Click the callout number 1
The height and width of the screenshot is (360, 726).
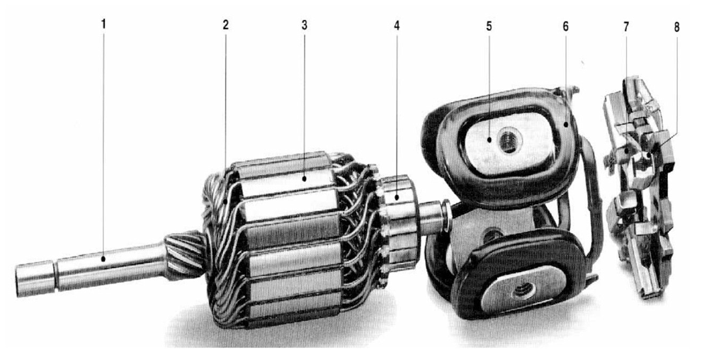click(x=103, y=25)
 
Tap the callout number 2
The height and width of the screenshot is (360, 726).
click(x=225, y=25)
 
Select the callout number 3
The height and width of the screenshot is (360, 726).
click(x=304, y=25)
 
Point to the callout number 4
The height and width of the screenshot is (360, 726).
click(x=397, y=25)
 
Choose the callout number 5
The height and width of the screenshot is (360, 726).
click(x=489, y=26)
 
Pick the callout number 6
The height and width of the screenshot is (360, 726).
click(x=565, y=26)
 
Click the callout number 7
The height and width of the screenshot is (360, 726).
click(x=626, y=26)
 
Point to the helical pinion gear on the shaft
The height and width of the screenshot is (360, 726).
click(x=185, y=254)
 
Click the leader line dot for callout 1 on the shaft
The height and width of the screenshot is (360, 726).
click(x=103, y=258)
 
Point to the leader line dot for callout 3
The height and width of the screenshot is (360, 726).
click(x=304, y=177)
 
